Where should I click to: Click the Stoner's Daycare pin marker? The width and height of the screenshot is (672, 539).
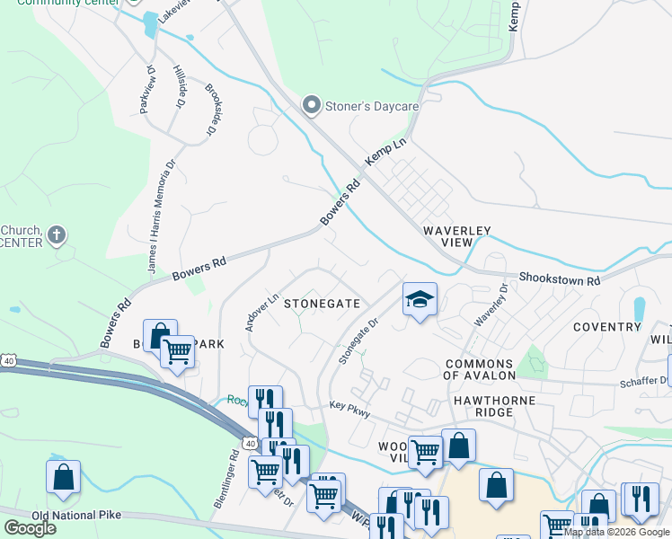coord(312,106)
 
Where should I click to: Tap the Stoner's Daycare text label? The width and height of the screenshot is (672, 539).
coord(371,106)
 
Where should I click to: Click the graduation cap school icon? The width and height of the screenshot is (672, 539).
coord(419,298)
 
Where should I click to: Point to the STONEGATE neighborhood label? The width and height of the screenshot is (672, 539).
coord(322,305)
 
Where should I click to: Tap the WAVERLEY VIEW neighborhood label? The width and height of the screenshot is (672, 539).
coord(458,236)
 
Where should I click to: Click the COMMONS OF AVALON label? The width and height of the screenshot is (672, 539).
coord(481,369)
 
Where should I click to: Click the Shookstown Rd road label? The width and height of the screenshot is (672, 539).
coord(559,280)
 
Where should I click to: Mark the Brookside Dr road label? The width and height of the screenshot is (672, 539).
coord(213,110)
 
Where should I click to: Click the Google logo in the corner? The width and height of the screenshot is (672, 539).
coord(30,528)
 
